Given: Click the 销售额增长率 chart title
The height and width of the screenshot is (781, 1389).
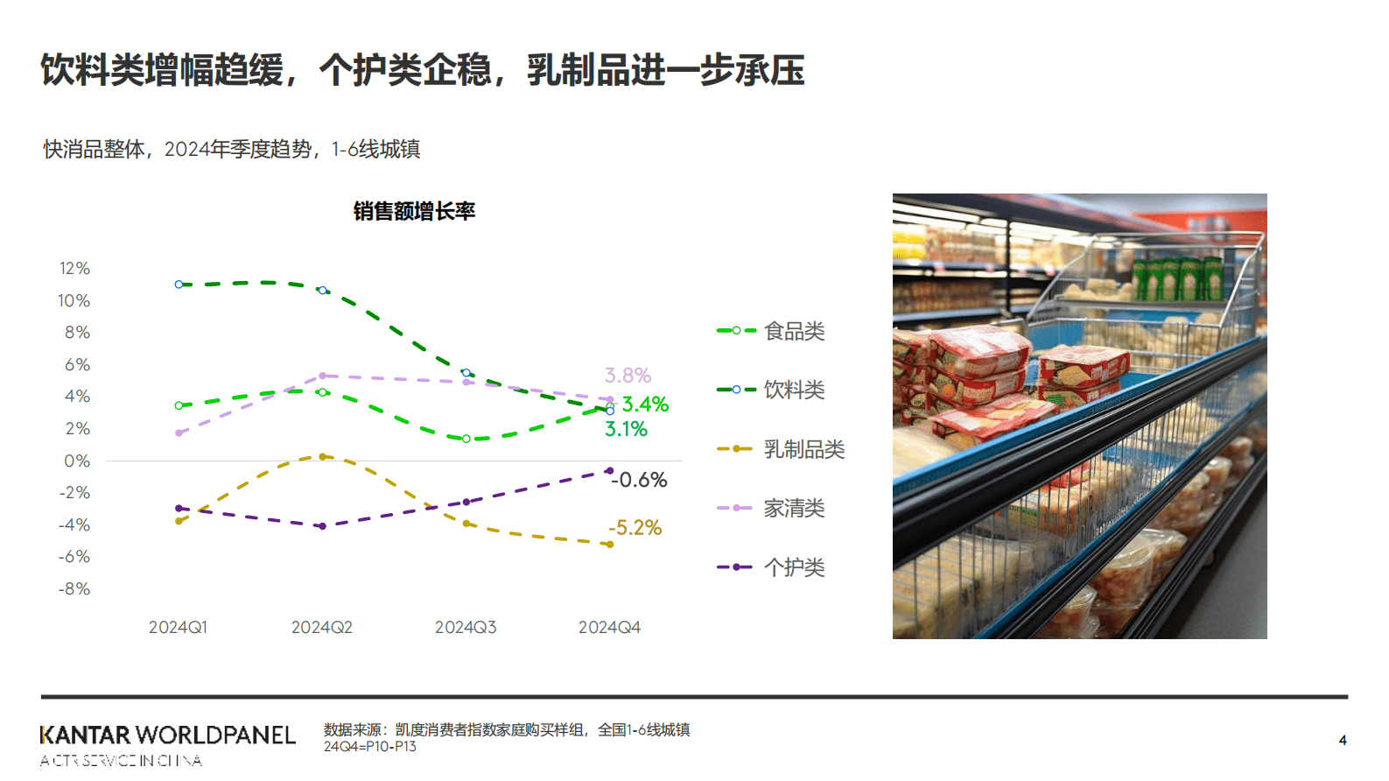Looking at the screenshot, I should tap(414, 211).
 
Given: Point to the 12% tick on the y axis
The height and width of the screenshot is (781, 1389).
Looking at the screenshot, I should tap(74, 268).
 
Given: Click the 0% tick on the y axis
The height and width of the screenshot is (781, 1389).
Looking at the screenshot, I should tap(77, 461).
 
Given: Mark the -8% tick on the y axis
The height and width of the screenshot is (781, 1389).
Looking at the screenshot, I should tap(74, 588).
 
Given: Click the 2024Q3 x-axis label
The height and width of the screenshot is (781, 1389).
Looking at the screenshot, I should tap(466, 627).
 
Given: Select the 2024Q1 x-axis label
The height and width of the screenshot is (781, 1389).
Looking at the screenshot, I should tap(178, 627).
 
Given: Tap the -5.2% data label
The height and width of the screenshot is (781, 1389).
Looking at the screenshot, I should tap(635, 528).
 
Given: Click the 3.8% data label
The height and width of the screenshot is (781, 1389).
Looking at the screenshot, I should tap(628, 376).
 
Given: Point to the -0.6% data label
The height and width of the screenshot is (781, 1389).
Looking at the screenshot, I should tap(639, 480).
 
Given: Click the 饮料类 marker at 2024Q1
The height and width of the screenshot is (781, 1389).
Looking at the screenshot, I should tap(179, 285).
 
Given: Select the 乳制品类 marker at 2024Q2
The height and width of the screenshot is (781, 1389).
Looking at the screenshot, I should tap(322, 456).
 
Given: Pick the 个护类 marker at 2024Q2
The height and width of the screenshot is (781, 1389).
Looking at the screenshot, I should tap(322, 526).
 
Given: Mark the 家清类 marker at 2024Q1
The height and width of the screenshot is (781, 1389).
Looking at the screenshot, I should tap(179, 433).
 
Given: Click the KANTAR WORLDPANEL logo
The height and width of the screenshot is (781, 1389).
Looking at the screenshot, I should tap(167, 735).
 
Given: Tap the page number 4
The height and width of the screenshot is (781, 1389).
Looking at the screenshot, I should tap(1343, 740).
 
